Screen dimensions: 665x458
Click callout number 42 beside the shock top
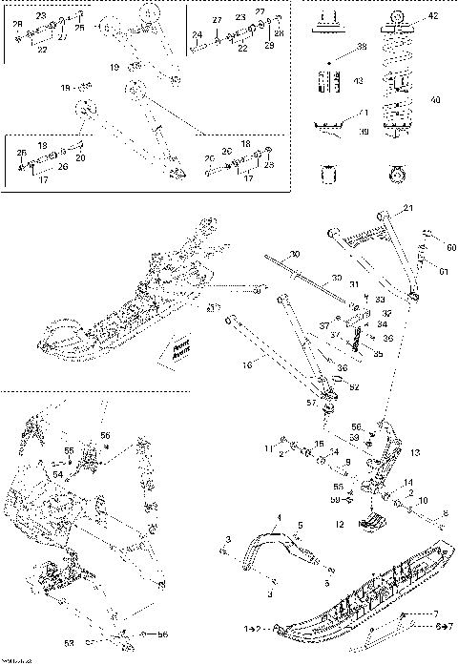(x=433, y=17)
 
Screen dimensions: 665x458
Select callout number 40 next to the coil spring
(x=436, y=100)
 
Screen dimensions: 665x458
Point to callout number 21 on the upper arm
(x=408, y=209)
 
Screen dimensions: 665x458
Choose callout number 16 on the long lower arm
(x=247, y=364)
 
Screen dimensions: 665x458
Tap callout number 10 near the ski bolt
(x=424, y=500)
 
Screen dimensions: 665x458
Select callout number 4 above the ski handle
(x=280, y=515)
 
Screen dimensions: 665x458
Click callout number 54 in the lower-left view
(x=56, y=473)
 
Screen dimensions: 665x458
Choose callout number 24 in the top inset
(x=197, y=34)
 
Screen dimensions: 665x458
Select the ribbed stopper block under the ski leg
(x=375, y=523)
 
